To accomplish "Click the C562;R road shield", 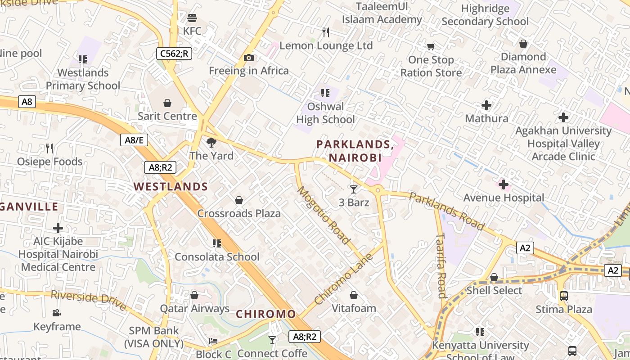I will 174,54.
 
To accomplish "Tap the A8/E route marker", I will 134,140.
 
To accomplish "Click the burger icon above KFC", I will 192,18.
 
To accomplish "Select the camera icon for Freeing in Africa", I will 248,58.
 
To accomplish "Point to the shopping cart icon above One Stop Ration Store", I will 431,46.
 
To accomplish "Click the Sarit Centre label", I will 167,116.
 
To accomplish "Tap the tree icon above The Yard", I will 211,143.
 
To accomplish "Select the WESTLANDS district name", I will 171,187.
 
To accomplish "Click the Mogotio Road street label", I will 323,215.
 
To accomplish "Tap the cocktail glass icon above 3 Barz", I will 354,189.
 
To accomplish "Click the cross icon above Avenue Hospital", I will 504,184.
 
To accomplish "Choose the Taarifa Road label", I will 441,265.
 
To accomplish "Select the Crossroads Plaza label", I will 239,213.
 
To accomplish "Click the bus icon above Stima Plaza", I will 563,296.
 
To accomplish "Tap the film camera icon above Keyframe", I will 57,313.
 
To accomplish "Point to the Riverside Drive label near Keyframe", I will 88,300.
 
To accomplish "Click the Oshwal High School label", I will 325,113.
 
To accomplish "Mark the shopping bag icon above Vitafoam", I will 354,295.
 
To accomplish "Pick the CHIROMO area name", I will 266,314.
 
